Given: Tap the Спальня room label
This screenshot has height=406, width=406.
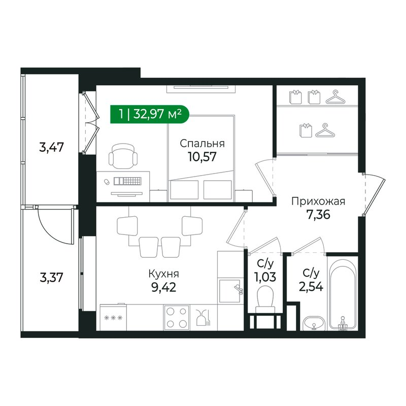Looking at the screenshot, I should tap(202, 144).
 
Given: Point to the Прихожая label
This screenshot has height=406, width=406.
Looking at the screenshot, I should tap(318, 201).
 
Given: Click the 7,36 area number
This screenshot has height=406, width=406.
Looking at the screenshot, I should tap(318, 214).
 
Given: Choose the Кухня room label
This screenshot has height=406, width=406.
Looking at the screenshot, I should tap(163, 274).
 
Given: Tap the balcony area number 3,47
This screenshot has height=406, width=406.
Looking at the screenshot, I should tap(51, 148).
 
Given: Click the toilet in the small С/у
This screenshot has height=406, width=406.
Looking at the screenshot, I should tap(265, 299).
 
